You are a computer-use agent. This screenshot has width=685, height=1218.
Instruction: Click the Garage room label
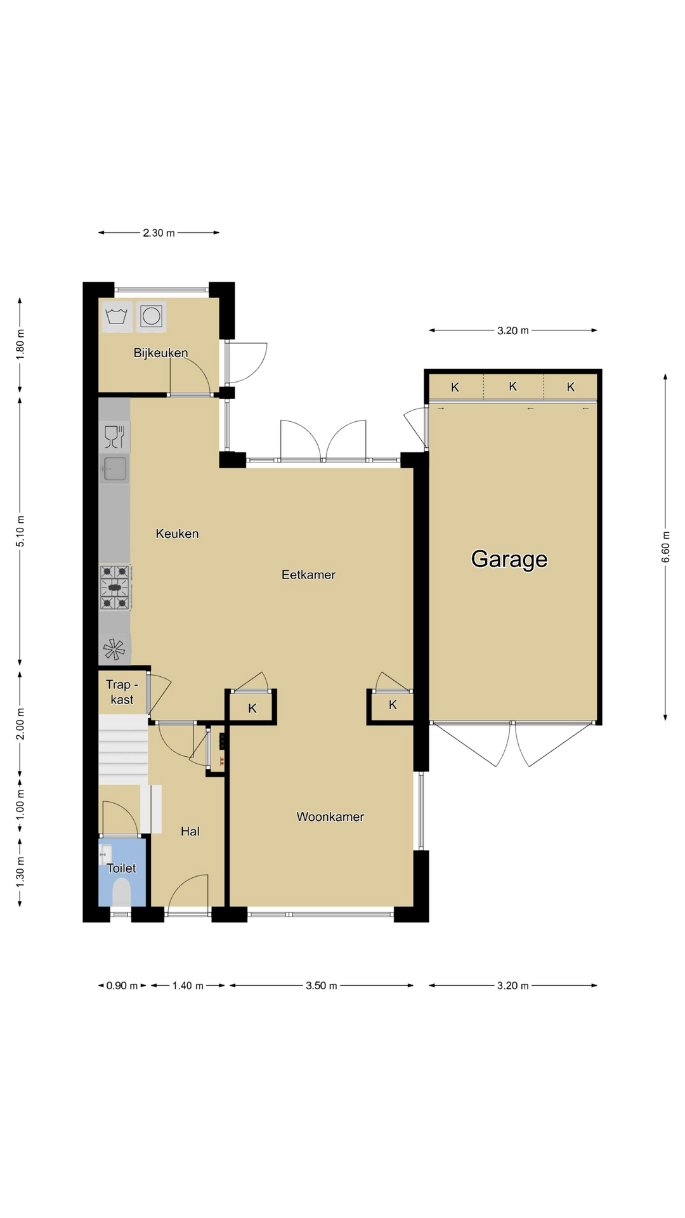click(x=509, y=559)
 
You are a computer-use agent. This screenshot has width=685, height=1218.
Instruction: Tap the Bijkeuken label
click(x=160, y=353)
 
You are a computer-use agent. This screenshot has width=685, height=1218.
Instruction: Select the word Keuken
click(x=177, y=534)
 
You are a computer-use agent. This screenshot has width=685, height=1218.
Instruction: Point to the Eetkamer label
click(x=308, y=575)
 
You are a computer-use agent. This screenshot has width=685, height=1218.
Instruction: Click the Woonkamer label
click(x=330, y=817)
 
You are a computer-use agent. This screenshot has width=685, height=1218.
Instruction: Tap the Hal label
click(x=190, y=831)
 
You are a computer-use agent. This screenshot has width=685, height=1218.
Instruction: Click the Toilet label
click(x=121, y=868)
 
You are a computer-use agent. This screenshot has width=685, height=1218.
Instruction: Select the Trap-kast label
click(x=122, y=692)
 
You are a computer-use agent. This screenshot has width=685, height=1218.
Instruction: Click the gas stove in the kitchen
click(x=115, y=587)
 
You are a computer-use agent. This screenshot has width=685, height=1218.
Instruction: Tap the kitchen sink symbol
click(x=115, y=469)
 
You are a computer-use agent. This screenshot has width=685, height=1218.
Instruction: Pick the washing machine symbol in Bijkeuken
click(x=117, y=317)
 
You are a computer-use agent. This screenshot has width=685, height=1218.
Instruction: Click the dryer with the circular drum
click(x=152, y=317)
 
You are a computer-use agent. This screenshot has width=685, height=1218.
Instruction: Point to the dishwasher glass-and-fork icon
click(x=115, y=437)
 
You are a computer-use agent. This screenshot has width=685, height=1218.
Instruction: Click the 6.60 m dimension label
click(x=665, y=547)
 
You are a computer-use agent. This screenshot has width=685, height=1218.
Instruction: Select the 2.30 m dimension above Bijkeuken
click(x=159, y=233)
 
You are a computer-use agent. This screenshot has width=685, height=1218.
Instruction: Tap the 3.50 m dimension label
click(x=322, y=986)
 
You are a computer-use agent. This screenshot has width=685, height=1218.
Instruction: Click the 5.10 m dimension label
click(x=20, y=532)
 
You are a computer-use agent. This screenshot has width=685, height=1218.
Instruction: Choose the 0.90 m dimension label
click(x=122, y=986)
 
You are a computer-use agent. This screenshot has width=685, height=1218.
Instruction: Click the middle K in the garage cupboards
click(x=513, y=386)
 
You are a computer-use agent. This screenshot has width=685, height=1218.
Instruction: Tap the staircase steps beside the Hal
click(x=123, y=749)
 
